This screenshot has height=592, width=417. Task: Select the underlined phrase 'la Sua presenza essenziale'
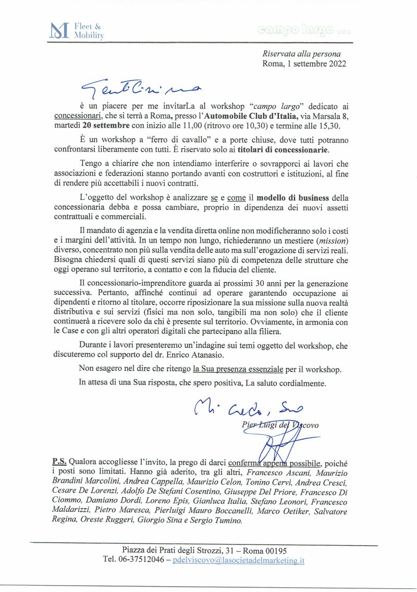238,370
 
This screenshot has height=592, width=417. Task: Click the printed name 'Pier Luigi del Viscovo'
280,425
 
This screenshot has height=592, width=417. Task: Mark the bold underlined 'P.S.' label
59,461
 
